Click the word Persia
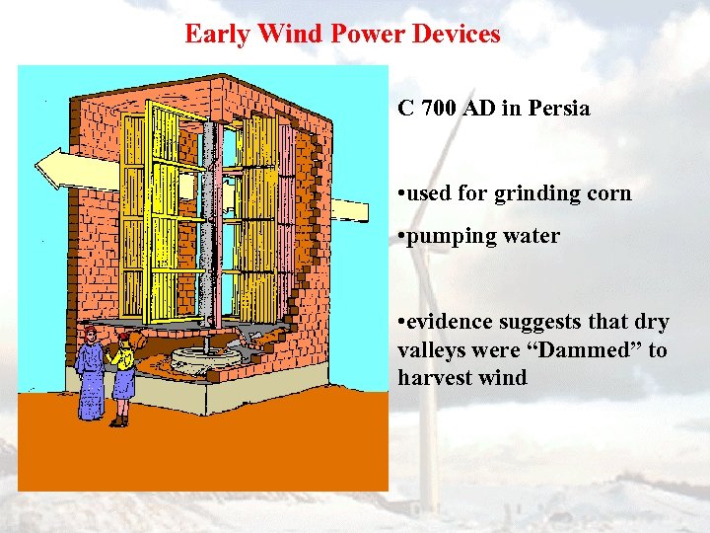tap(559, 109)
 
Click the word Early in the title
tap(217, 35)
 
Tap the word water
tap(534, 237)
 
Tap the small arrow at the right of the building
tap(351, 208)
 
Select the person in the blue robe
tap(91, 375)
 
